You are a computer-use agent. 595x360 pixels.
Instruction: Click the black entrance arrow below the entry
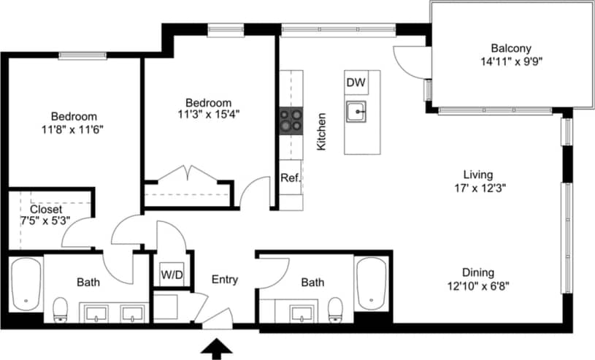[214, 349]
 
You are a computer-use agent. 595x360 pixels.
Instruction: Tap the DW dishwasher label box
[356, 83]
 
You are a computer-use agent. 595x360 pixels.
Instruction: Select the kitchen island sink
[356, 112]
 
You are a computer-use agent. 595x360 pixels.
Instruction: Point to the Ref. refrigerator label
[290, 177]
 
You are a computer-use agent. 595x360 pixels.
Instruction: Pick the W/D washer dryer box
[172, 275]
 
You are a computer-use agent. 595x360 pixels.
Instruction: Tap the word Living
[478, 175]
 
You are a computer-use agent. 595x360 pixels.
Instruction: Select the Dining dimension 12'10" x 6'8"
[477, 286]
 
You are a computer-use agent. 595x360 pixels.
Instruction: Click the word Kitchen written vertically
[321, 131]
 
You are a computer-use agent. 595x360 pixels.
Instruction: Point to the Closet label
[46, 208]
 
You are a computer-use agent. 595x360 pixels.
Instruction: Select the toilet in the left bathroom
[61, 310]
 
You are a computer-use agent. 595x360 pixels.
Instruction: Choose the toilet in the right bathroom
[335, 310]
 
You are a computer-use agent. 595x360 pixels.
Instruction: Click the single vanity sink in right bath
[300, 313]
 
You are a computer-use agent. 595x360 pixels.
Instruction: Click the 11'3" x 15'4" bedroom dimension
[208, 114]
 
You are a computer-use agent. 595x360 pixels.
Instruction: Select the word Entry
[225, 280]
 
